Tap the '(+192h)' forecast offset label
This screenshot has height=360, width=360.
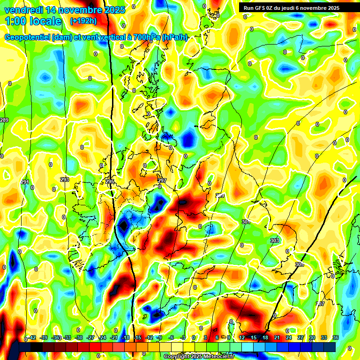83,21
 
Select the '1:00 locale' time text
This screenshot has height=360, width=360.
33,21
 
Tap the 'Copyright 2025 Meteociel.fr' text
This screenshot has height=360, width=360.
199,356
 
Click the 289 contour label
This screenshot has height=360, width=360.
4,120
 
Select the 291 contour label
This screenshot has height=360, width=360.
25,182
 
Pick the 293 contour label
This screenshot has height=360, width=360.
65,180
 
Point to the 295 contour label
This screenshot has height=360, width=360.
109,181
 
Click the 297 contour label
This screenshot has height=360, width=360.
162,180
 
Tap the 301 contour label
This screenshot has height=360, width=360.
246,222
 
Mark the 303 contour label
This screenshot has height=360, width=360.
275,240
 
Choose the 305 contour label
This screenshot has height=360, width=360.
300,264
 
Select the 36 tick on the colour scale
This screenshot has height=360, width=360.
335,337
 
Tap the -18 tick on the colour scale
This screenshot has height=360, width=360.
126,337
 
